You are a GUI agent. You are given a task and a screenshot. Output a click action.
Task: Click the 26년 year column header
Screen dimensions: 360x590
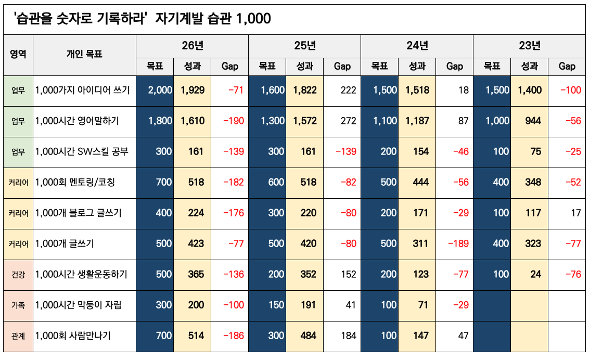[192, 46]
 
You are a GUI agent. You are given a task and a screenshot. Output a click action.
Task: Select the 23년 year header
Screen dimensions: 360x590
[529, 46]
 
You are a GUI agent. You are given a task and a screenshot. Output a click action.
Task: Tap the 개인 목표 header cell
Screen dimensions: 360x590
[84, 54]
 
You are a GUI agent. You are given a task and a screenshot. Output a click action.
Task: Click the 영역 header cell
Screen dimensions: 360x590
[18, 54]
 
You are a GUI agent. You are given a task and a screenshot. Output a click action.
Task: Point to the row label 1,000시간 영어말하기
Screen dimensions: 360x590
[77, 121]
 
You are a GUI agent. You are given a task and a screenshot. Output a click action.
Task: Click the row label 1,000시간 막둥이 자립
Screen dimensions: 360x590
[78, 305]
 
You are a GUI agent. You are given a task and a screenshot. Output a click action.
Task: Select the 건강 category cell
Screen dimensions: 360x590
[18, 275]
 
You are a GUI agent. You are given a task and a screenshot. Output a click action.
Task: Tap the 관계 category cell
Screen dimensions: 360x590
[18, 336]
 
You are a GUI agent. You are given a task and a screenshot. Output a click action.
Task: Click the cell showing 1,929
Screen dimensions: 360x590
[193, 91]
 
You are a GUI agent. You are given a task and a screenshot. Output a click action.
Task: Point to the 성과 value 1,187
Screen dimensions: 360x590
[417, 121]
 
